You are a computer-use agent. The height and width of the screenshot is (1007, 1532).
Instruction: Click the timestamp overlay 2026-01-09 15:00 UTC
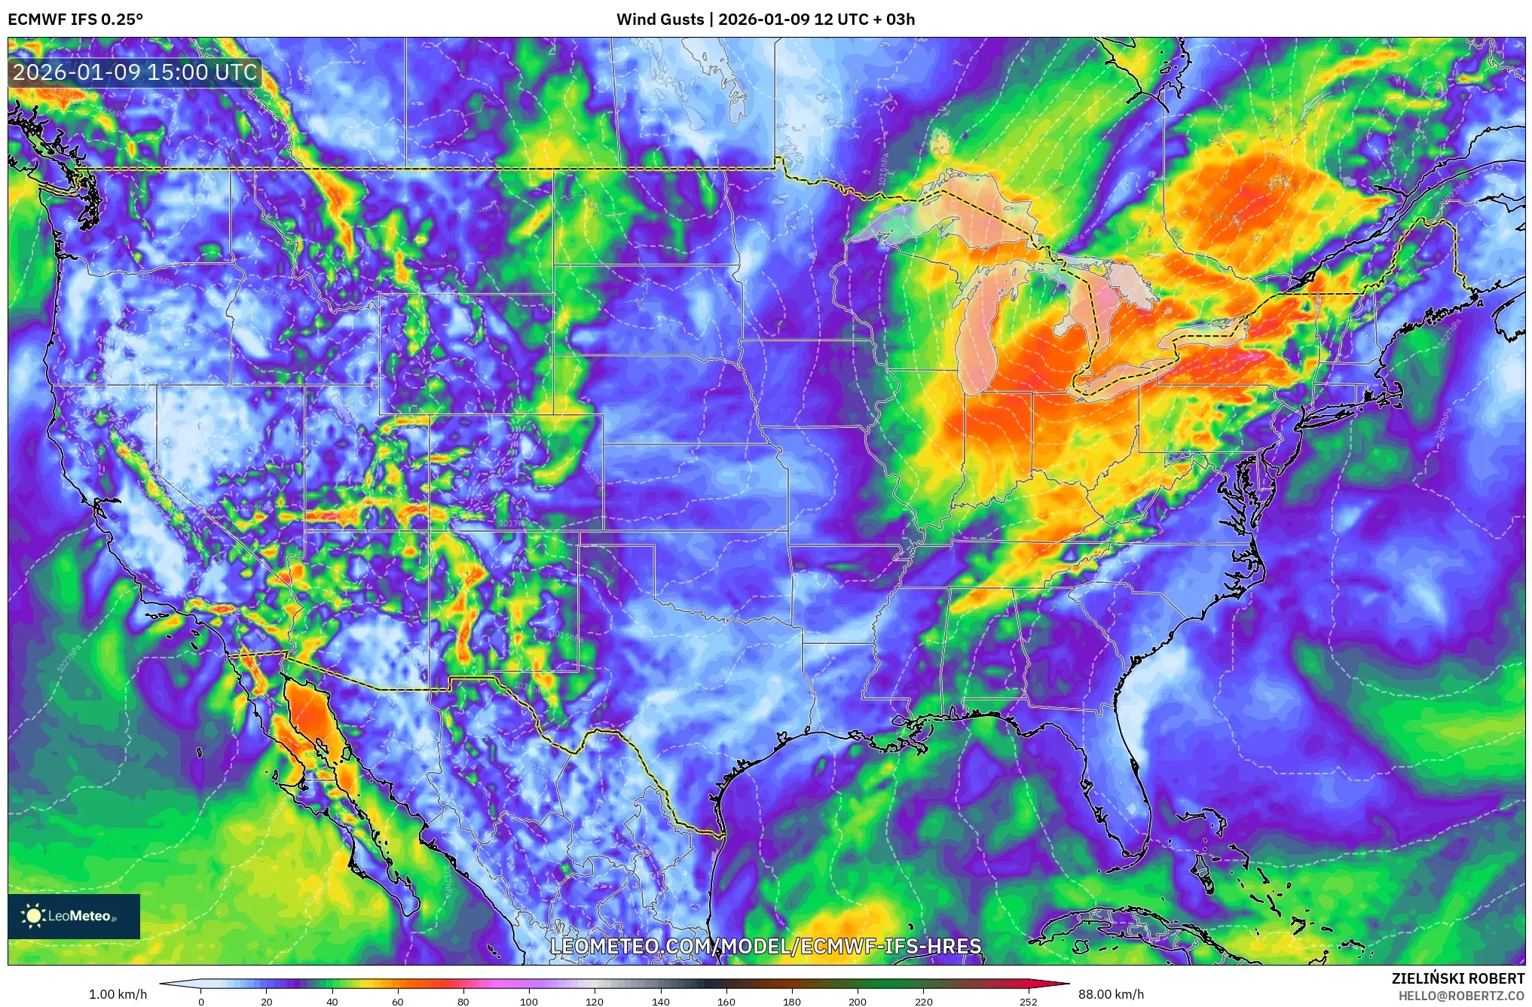tap(135, 72)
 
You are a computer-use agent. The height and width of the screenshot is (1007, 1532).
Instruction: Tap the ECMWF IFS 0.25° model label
tap(75, 20)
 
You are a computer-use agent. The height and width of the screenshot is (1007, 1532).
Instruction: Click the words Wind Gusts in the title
tap(660, 20)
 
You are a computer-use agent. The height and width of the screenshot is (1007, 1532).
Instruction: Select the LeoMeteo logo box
tap(74, 916)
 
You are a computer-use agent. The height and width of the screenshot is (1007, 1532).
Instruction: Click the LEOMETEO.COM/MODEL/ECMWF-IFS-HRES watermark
tap(766, 946)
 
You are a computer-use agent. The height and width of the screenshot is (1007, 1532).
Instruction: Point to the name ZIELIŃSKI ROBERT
tap(1457, 978)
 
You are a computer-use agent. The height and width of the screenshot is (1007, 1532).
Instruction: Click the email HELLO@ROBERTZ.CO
tap(1461, 996)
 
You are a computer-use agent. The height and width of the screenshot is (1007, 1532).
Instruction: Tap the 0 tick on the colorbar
tap(201, 1002)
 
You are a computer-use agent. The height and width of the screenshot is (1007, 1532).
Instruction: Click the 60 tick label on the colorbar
tap(398, 1002)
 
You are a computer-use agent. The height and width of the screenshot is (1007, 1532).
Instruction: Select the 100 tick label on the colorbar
tap(529, 1002)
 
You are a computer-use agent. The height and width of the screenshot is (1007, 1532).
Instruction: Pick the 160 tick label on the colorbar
tap(726, 1002)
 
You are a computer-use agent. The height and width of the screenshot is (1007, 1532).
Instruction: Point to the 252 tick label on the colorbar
tap(1028, 1002)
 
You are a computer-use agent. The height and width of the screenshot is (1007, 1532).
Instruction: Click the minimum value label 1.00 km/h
tap(118, 994)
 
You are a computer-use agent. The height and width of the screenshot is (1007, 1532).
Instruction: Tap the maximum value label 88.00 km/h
tap(1111, 994)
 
